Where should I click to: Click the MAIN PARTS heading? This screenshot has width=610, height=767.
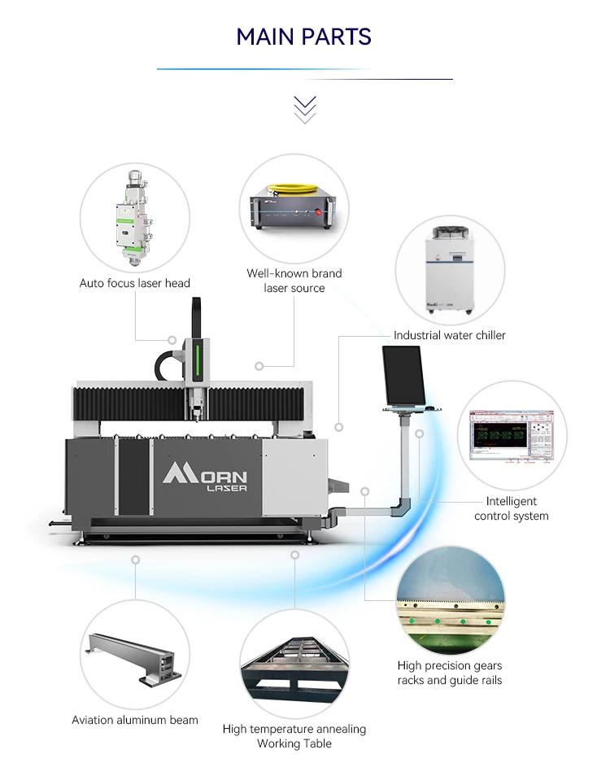pyautogui.click(x=304, y=37)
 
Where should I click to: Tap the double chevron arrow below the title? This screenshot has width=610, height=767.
pyautogui.click(x=305, y=109)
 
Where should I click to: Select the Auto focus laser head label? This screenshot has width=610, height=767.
pyautogui.click(x=135, y=283)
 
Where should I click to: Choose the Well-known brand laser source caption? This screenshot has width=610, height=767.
pyautogui.click(x=294, y=281)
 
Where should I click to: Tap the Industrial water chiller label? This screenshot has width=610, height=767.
pyautogui.click(x=450, y=335)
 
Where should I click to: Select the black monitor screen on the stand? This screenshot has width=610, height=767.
pyautogui.click(x=403, y=375)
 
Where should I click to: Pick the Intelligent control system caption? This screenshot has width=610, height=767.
pyautogui.click(x=512, y=508)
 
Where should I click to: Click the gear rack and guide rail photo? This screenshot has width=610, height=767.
pyautogui.click(x=451, y=603)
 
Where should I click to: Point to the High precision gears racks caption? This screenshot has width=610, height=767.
pyautogui.click(x=450, y=673)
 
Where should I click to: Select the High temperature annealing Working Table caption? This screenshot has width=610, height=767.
pyautogui.click(x=294, y=736)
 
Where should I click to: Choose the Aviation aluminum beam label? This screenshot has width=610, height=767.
pyautogui.click(x=135, y=720)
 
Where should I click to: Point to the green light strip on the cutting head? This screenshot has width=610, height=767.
pyautogui.click(x=196, y=361)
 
